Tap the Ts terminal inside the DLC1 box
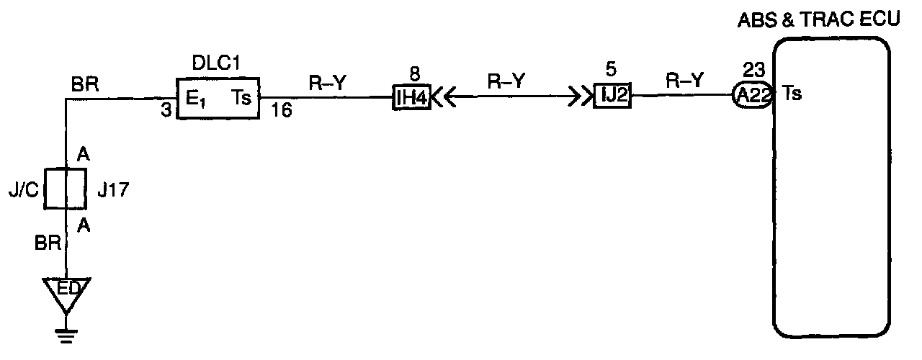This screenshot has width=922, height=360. click(x=241, y=99)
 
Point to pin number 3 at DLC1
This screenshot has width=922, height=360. click(x=166, y=112)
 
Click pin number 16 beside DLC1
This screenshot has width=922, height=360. click(x=282, y=112)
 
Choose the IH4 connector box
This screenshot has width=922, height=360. click(x=412, y=97)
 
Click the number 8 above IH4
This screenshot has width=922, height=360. click(x=413, y=73)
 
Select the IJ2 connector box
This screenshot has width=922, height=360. click(x=612, y=96)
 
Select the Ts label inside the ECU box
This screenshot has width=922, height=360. click(x=793, y=94)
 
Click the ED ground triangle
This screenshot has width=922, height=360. click(x=66, y=290)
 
